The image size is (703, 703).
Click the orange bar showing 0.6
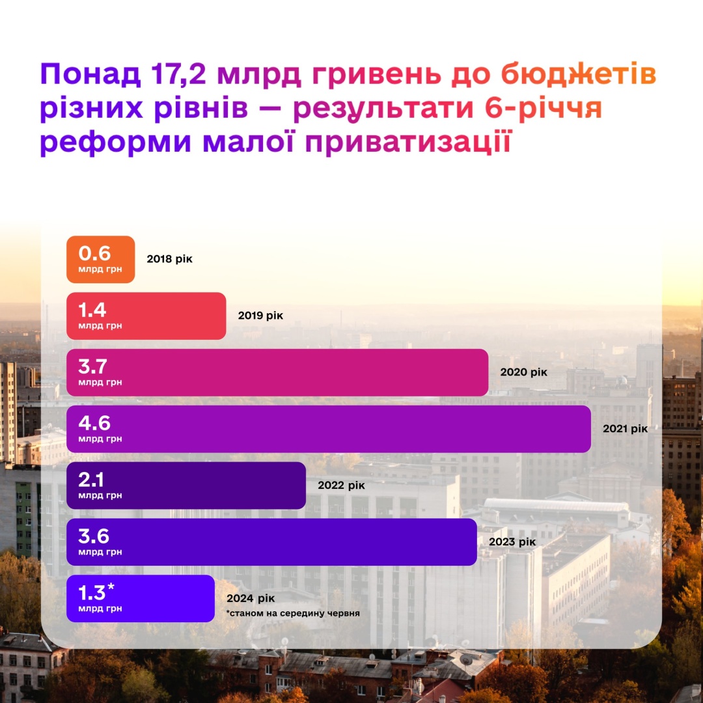point(101,259)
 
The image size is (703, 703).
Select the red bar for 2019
point(146,316)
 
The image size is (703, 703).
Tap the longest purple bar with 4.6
point(329,429)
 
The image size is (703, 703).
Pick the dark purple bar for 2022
point(186,486)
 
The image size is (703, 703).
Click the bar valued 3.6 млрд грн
point(272,542)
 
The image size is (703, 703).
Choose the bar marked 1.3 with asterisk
point(141,599)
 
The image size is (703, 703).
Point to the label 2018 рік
point(170,259)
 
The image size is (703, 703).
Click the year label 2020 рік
point(524,373)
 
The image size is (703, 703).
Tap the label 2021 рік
point(626,429)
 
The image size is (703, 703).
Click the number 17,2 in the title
point(178,76)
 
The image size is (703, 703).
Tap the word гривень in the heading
point(378,76)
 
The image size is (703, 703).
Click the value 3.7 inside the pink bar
point(93,366)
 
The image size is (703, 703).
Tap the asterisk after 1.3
point(111,588)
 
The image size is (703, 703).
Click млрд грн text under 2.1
point(100,496)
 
